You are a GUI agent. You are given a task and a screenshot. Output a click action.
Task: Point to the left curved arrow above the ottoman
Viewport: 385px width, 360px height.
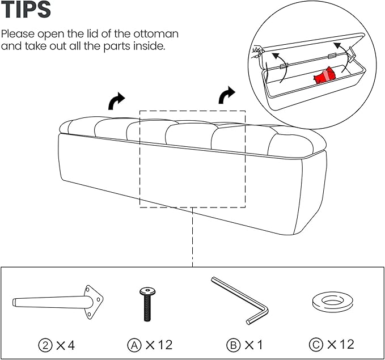[117, 101]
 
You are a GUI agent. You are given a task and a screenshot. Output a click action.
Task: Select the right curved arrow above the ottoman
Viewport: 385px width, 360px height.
[227, 95]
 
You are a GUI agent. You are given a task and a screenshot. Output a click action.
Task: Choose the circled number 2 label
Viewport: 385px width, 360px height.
[45, 344]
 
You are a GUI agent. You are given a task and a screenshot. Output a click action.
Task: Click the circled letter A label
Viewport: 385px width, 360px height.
[134, 344]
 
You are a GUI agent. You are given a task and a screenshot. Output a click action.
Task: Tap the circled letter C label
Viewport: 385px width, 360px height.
[315, 344]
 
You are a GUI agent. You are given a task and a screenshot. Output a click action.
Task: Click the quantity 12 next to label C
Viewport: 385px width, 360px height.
[345, 344]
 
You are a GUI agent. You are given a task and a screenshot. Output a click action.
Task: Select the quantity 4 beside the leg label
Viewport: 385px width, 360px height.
[70, 344]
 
